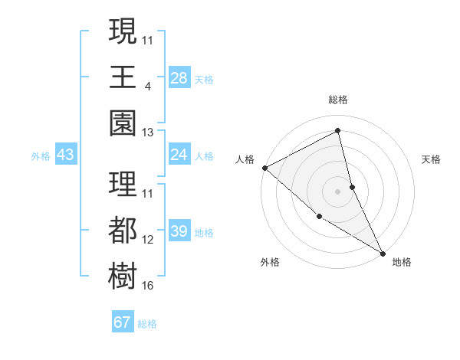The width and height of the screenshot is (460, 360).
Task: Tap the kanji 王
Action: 123,77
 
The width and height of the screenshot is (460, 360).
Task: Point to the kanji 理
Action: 123,184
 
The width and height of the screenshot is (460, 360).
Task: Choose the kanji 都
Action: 123,230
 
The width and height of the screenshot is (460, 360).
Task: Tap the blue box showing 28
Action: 179,78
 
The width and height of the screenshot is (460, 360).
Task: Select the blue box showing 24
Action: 179,155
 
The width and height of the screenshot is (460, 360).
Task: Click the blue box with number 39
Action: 179,231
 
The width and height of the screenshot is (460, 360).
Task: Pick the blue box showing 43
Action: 66,155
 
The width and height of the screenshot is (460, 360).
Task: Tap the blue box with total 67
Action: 123,322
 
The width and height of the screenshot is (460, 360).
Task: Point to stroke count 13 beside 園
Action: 148,133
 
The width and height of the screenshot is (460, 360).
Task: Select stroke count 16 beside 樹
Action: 148,286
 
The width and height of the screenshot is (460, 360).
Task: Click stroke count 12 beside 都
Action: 148,240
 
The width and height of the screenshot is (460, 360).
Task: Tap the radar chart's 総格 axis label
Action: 338,100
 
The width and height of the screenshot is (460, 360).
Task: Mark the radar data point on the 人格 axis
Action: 264,168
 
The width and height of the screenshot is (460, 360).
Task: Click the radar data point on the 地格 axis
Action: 381,252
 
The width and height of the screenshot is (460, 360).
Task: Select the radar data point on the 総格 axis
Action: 338,130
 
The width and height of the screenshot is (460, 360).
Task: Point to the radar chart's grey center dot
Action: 338,191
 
